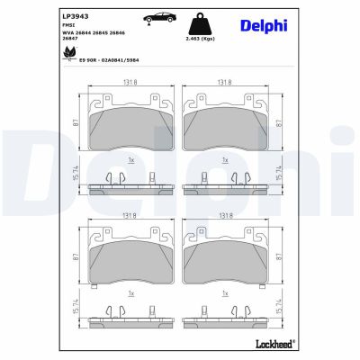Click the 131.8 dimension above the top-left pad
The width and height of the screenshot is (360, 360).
(x=131, y=82)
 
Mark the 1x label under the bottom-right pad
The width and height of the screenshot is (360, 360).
(x=227, y=293)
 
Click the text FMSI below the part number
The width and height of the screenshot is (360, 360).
(x=68, y=27)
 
